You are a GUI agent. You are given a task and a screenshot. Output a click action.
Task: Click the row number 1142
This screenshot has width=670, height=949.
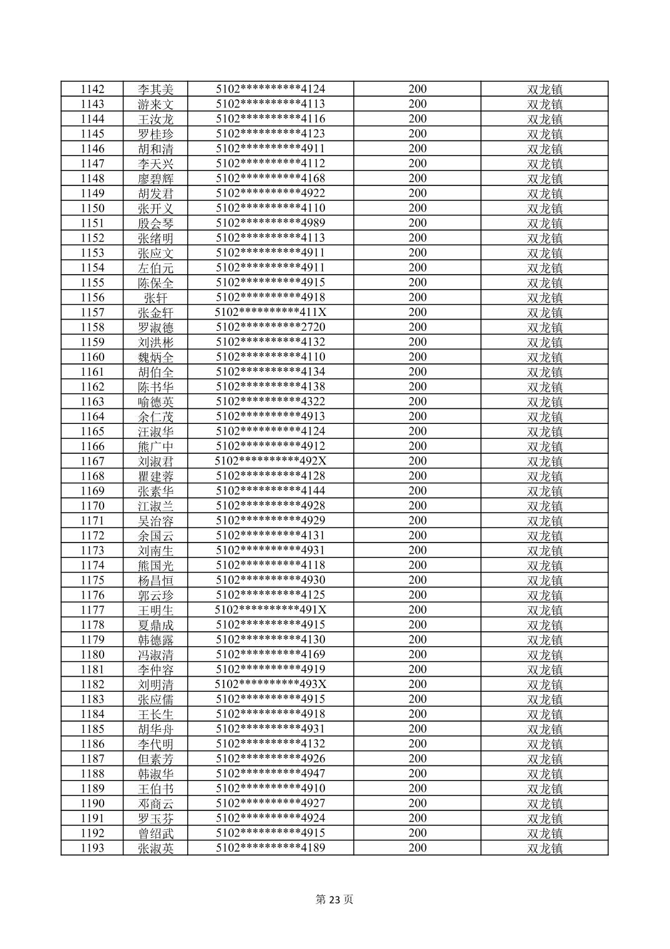[x=92, y=89]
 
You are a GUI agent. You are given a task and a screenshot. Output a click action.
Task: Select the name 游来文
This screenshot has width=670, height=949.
[x=156, y=104]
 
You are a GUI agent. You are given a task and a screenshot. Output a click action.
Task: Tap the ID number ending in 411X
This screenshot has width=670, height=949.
[x=271, y=312]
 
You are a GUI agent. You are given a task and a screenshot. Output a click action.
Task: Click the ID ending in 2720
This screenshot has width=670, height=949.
[x=271, y=327]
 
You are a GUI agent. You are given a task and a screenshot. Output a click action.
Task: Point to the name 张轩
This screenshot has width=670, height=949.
[x=156, y=298]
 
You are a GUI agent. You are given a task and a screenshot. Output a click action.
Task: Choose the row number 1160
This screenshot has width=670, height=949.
[x=92, y=357]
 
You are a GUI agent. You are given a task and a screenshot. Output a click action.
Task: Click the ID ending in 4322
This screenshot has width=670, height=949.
[x=271, y=401]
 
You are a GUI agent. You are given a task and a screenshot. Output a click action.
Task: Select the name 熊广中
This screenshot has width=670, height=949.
[x=156, y=446]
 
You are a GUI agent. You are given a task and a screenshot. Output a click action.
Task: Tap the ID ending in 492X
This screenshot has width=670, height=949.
[x=271, y=461]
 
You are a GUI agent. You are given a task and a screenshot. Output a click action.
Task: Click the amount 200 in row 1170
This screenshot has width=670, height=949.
[x=417, y=506]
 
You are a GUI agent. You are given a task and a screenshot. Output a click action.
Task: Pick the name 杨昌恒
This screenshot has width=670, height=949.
[x=156, y=581]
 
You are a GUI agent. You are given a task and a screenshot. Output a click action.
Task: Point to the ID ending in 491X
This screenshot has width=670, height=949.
[x=271, y=610]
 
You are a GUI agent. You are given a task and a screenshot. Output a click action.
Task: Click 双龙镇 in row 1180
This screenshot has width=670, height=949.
[x=545, y=655]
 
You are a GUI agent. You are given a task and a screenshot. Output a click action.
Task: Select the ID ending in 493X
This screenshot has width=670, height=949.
[x=271, y=684]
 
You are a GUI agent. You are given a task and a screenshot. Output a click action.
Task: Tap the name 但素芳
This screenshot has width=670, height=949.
[x=156, y=759]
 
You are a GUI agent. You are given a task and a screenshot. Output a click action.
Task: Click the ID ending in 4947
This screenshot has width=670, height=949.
[x=271, y=774]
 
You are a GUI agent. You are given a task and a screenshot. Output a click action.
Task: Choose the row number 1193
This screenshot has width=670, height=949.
[x=92, y=848]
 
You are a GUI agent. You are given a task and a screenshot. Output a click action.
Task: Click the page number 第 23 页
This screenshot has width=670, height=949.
[x=334, y=900]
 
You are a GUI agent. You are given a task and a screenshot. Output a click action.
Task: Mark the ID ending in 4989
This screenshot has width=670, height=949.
[x=271, y=223]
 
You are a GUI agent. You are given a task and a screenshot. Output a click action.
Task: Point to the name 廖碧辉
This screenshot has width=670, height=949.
[x=156, y=179]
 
